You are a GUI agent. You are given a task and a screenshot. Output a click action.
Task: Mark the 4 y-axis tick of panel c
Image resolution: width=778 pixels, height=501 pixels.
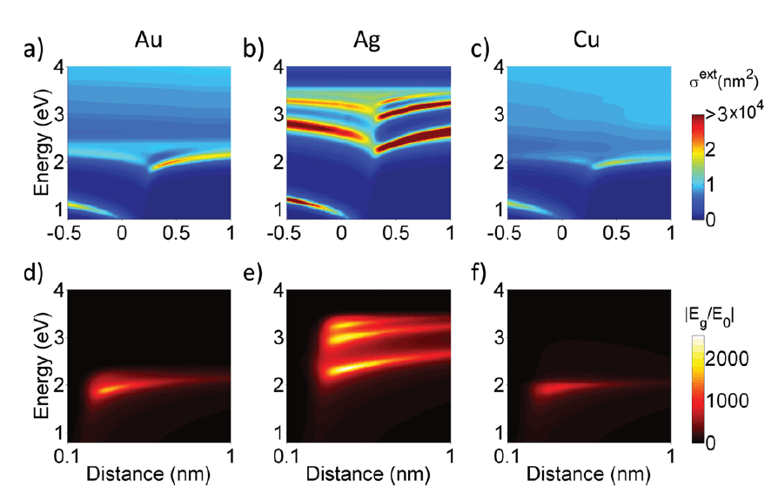(x=499, y=66)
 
